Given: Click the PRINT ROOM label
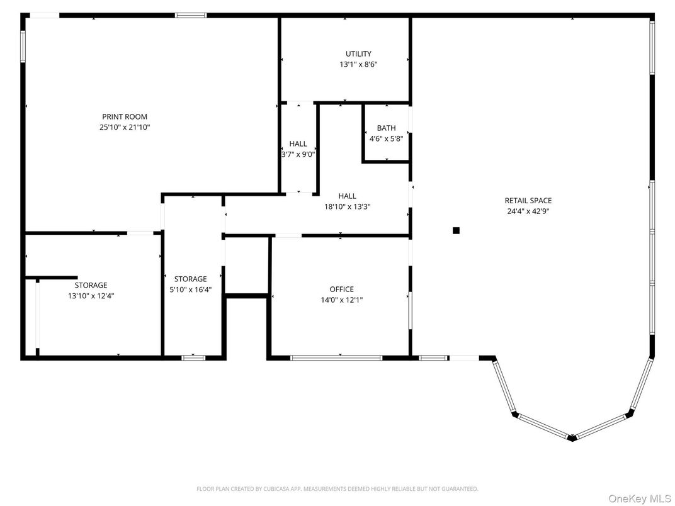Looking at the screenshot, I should pyautogui.click(x=125, y=116).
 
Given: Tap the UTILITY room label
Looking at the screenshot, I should pyautogui.click(x=358, y=53).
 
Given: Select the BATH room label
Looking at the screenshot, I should pyautogui.click(x=386, y=128).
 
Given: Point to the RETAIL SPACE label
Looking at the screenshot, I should pyautogui.click(x=528, y=201).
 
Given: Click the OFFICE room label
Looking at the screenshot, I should pyautogui.click(x=341, y=290).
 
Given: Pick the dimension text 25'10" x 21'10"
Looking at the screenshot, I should pyautogui.click(x=125, y=127).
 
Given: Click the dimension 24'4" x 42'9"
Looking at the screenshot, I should pyautogui.click(x=528, y=211).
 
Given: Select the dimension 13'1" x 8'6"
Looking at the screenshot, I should pyautogui.click(x=358, y=64).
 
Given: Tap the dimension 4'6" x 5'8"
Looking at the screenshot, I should pyautogui.click(x=386, y=138).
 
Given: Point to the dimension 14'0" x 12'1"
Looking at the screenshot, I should pyautogui.click(x=341, y=300).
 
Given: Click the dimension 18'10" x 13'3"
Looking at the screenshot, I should pyautogui.click(x=347, y=206).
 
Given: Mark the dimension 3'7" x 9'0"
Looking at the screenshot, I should pyautogui.click(x=298, y=154).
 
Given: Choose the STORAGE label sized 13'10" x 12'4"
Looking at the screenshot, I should pyautogui.click(x=91, y=285).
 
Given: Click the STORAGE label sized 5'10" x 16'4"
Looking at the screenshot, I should pyautogui.click(x=190, y=279).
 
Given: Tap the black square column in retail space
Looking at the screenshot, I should pyautogui.click(x=456, y=230).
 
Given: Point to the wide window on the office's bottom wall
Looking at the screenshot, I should pyautogui.click(x=336, y=358).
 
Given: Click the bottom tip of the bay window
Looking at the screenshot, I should pyautogui.click(x=572, y=438).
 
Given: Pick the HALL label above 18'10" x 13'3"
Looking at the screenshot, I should pyautogui.click(x=347, y=196).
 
